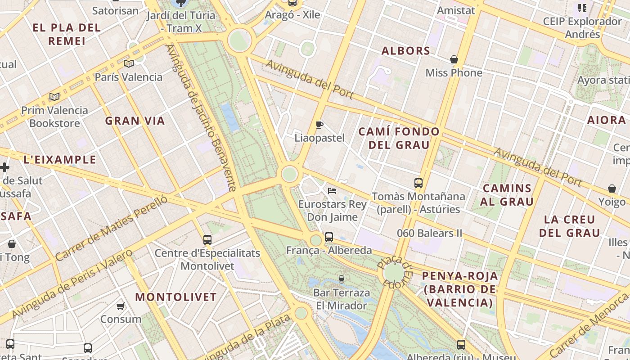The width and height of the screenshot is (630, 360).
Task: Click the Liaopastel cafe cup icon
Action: (319, 125)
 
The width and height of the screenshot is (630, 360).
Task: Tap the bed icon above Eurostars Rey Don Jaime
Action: (332, 191)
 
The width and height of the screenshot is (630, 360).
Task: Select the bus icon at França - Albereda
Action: (329, 237)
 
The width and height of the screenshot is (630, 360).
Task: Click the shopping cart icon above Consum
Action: (120, 306)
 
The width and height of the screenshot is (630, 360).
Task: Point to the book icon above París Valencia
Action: (129, 64)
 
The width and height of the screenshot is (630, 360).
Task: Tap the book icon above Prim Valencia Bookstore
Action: (54, 97)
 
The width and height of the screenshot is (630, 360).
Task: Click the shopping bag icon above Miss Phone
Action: (454, 59)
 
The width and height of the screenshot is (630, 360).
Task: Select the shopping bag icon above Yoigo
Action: (612, 189)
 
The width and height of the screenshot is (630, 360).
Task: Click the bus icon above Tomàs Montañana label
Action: (418, 183)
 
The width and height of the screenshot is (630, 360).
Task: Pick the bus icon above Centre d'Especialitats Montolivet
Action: (207, 240)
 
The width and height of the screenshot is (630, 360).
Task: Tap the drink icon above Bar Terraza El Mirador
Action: (341, 279)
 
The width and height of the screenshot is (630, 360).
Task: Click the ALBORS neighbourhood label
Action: (406, 51)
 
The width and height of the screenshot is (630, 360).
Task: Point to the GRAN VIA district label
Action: (135, 121)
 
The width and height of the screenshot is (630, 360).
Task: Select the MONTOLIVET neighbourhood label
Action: (176, 297)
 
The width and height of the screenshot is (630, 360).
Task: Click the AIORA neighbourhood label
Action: (607, 120)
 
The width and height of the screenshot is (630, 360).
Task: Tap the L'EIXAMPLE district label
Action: (60, 160)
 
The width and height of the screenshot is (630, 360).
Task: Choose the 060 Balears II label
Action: (430, 233)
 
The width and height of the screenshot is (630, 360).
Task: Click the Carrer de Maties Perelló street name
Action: (111, 228)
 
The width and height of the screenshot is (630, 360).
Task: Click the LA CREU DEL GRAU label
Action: (570, 226)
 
